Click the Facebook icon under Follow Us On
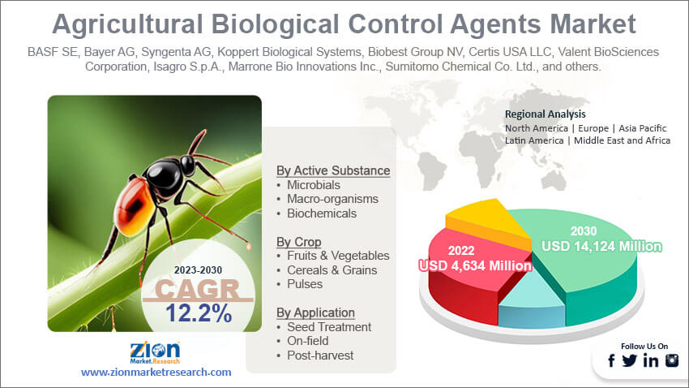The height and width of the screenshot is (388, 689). pos(612,361)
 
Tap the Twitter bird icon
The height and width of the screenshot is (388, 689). pos(630,361)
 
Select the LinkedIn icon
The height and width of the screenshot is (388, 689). pos(651,361)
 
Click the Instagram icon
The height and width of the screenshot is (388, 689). pos(672,361)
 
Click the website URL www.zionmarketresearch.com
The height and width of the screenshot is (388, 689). pos(156,372)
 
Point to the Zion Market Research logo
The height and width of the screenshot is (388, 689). pos(155,351)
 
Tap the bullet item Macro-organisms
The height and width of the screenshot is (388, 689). pos(332,199)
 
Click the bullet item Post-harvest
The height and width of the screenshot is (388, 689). pos(320,355)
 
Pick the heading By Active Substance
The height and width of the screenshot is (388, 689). pos(333,170)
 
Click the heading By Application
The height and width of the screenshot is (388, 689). pos(315,312)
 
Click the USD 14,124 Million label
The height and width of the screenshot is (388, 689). pos(602,245)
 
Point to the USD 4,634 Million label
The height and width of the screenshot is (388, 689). pos(474,265)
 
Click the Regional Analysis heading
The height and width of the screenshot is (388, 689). pos(545,114)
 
